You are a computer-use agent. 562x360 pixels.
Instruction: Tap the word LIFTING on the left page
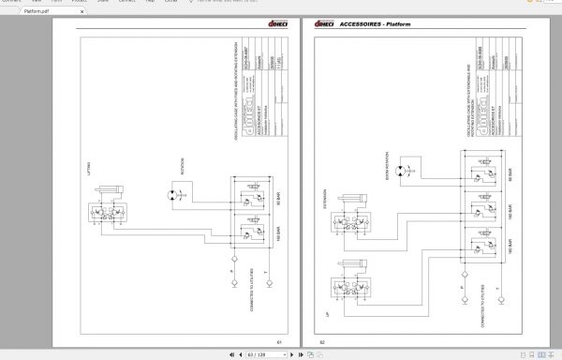click(85, 172)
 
